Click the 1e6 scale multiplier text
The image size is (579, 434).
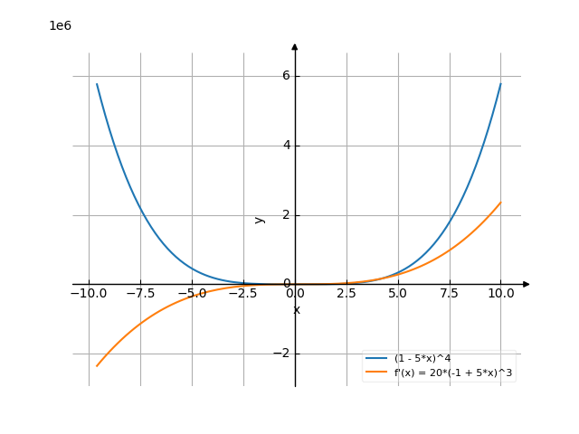(x=60, y=26)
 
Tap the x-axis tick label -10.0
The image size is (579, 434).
(x=89, y=293)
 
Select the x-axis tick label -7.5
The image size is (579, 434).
(x=140, y=293)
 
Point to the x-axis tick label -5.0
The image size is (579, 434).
(x=192, y=293)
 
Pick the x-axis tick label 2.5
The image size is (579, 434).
(x=346, y=293)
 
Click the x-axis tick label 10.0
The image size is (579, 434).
(x=500, y=293)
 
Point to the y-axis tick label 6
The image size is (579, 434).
(x=285, y=76)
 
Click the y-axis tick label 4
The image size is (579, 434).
(x=285, y=146)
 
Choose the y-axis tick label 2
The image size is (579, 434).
(x=285, y=215)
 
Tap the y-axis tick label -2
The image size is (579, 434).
(x=281, y=354)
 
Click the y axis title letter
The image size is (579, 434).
(x=260, y=219)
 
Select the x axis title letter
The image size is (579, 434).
(x=296, y=310)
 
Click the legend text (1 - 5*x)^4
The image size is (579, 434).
(x=422, y=359)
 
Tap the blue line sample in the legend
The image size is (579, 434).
(x=377, y=359)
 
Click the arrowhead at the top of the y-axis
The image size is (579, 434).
(x=295, y=46)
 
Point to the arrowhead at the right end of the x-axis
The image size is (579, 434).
(x=526, y=284)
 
